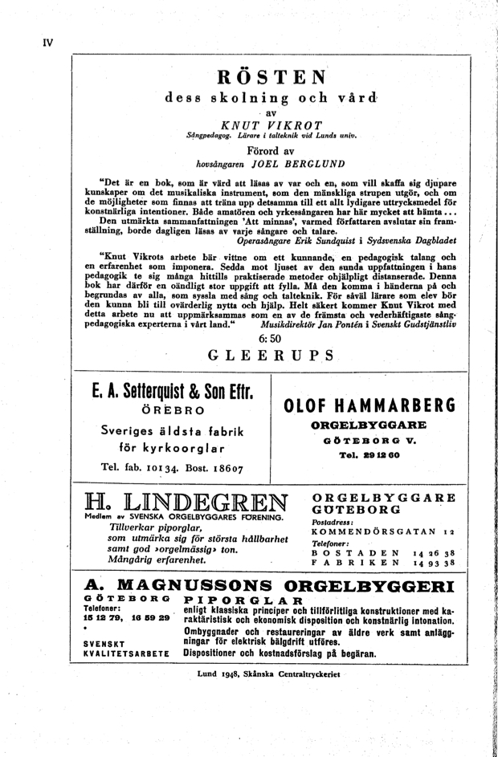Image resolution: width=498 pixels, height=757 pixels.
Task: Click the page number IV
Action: coord(47,43)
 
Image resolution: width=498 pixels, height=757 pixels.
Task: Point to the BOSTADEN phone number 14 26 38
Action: coord(434,553)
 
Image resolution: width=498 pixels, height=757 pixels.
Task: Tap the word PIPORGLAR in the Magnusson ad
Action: coord(244,600)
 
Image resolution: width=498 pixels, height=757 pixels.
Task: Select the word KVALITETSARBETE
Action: coord(126,654)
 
